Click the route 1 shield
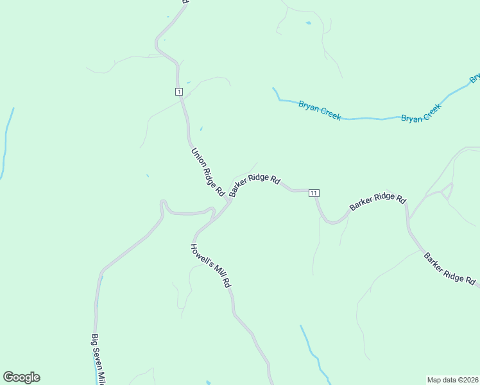[178, 92]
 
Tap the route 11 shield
[314, 193]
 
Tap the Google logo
[21, 377]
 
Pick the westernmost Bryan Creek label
[320, 110]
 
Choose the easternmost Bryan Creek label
[422, 113]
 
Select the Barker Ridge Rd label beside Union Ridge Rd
[255, 185]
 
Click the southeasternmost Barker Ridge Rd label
[449, 268]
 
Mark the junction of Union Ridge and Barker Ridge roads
[228, 200]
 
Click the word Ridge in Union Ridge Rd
[207, 171]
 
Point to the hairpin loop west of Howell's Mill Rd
[164, 205]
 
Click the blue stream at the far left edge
[6, 144]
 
